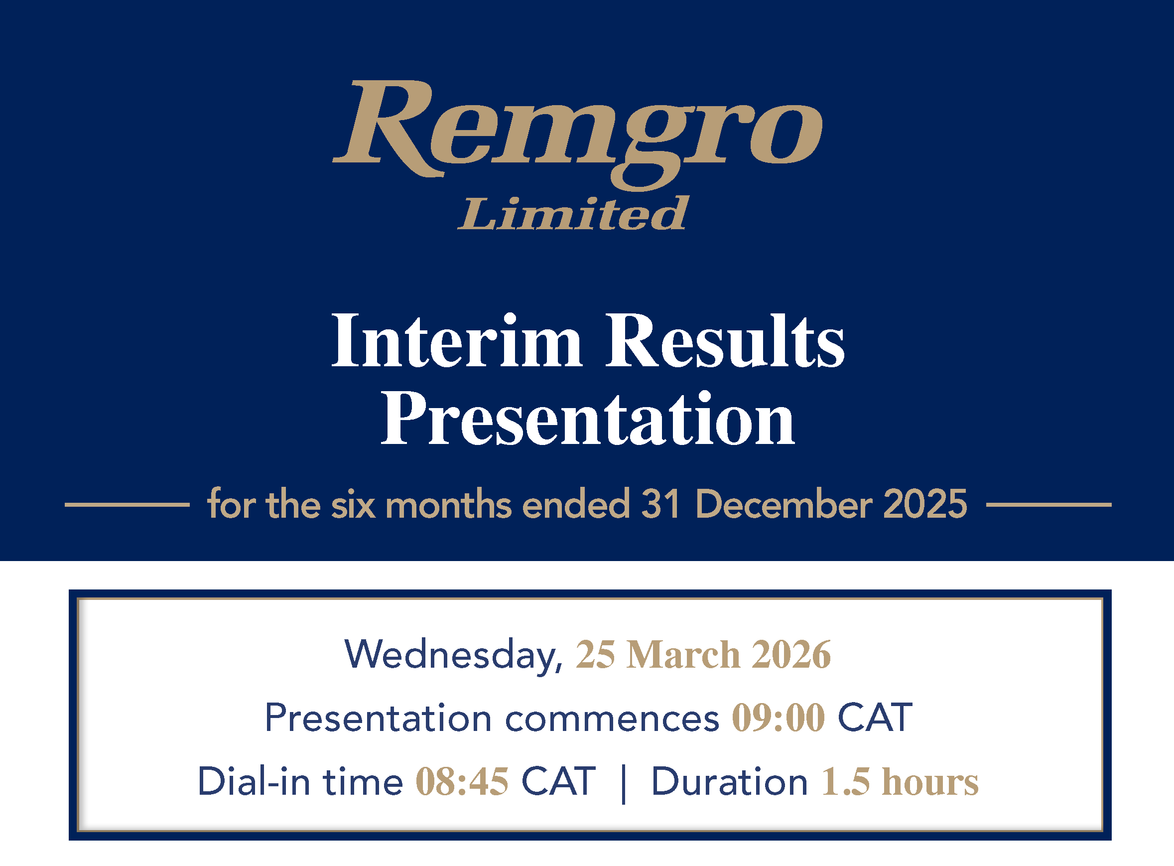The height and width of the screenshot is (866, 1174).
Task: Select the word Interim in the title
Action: click(x=457, y=340)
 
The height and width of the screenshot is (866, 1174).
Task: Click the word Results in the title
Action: click(x=725, y=340)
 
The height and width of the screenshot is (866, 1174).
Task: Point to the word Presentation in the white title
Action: click(x=587, y=419)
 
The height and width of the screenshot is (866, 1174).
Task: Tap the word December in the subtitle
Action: click(x=783, y=504)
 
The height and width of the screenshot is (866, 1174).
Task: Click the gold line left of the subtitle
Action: click(x=127, y=505)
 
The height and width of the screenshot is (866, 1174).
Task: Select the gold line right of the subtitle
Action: click(x=1049, y=505)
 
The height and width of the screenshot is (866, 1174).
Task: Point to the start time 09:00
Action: click(x=779, y=718)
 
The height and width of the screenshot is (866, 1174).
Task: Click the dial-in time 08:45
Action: click(x=462, y=782)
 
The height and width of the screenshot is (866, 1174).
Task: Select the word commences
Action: click(x=612, y=719)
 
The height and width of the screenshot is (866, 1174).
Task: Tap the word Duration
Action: click(x=730, y=782)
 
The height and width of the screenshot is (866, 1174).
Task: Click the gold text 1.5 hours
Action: click(x=900, y=782)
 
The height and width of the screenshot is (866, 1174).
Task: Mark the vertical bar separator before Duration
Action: click(x=624, y=784)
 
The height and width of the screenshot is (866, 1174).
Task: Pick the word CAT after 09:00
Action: click(x=875, y=718)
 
